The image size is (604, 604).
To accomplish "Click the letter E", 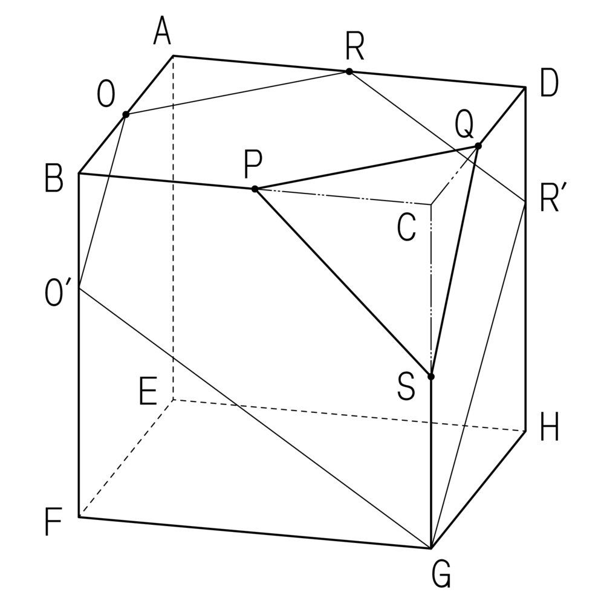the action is [148, 392].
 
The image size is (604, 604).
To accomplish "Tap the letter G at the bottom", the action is [441, 575].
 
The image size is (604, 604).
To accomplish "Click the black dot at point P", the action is [255, 189].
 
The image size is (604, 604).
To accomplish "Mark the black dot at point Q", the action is [478, 146].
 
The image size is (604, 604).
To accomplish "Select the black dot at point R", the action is [349, 71].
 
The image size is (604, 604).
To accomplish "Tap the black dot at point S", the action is [431, 376].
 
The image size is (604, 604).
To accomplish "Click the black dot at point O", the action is [126, 114].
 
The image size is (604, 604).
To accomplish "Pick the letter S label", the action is [406, 386].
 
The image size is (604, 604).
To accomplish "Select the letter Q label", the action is [464, 125].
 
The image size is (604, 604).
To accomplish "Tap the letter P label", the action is [253, 164].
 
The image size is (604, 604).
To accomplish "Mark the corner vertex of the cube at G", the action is [431, 548].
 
